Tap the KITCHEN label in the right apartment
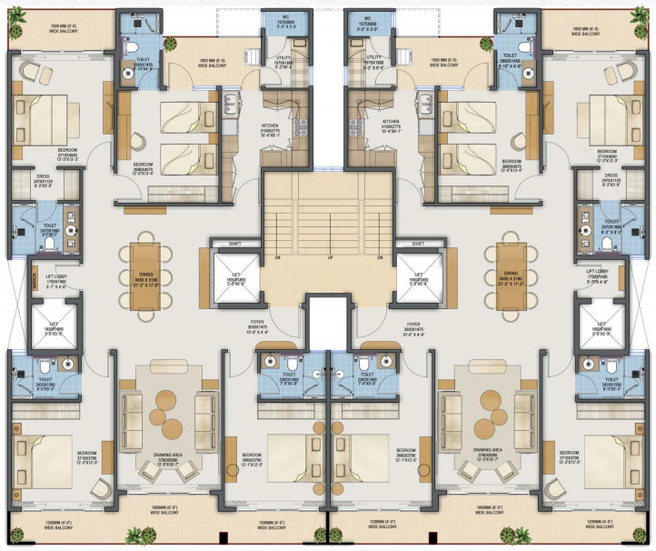click(x=392, y=120)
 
